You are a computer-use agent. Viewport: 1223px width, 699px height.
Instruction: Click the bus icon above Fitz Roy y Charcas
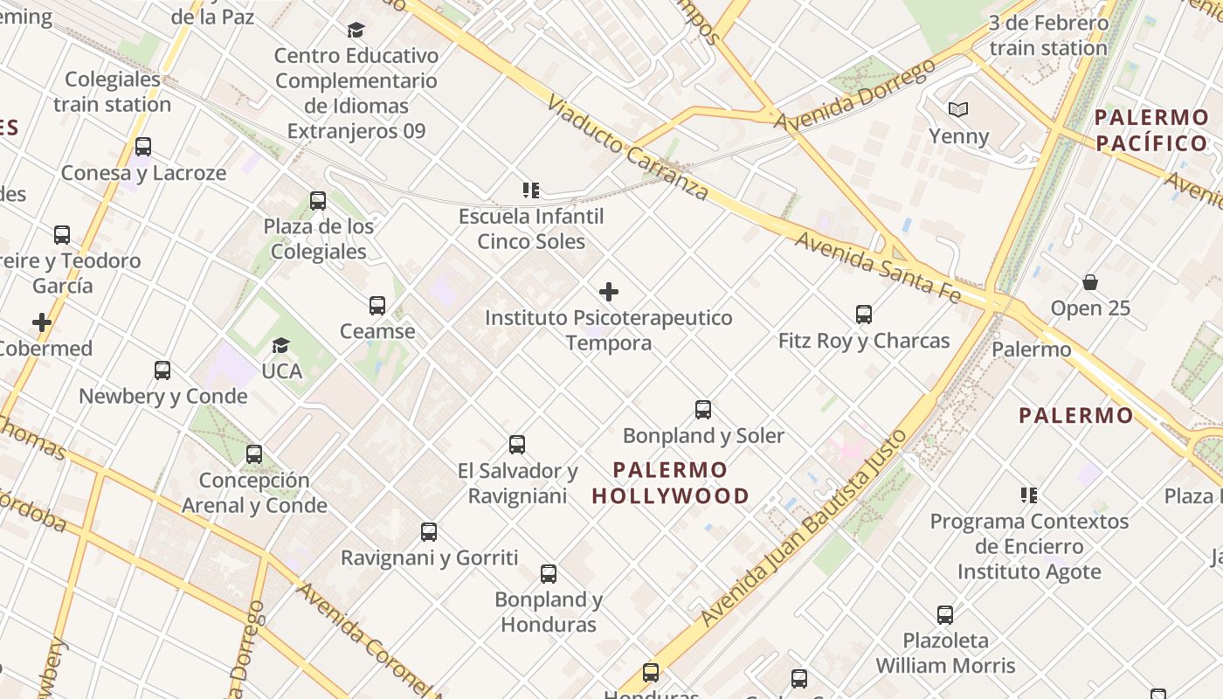pos(864,315)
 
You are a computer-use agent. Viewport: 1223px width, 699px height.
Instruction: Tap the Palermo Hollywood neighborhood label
pos(670,483)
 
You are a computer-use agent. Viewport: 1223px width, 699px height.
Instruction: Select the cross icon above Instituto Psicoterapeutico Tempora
pos(609,292)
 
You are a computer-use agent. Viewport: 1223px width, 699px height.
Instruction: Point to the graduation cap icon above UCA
pos(280,346)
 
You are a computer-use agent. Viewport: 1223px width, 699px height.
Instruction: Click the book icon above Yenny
pos(958,110)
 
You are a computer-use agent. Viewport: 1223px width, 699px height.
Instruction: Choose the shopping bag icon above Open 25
pos(1090,282)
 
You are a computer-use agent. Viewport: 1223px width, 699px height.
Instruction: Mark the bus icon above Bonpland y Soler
pos(703,410)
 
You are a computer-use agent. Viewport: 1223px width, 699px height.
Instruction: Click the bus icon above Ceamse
pos(377,306)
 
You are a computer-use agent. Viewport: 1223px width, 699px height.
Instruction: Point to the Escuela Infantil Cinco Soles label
pos(531,228)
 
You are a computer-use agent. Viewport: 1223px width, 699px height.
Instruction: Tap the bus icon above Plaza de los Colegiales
pos(318,201)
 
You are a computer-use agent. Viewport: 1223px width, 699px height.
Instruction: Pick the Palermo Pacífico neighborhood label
pos(1150,130)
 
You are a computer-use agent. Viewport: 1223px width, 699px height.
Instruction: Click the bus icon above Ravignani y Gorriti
pos(429,532)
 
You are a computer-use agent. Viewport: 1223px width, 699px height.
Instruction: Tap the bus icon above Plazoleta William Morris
pos(945,615)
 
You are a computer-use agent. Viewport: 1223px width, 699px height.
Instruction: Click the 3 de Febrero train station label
pos(1047,36)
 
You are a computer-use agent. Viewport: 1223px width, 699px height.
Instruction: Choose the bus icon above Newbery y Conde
pos(162,370)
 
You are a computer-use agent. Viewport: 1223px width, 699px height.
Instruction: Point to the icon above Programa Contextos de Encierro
pos(1029,495)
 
